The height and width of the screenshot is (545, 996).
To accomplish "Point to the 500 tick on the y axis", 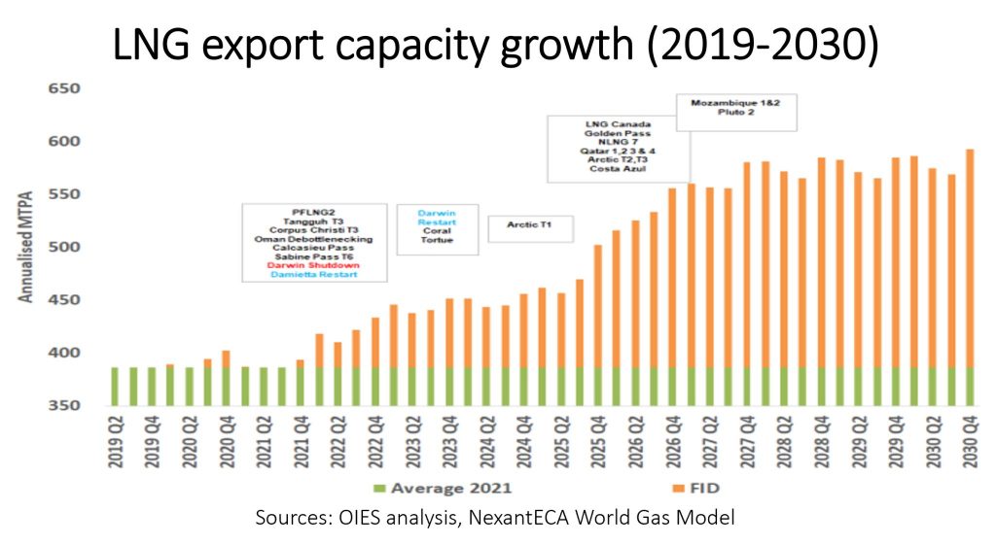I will point(65,248).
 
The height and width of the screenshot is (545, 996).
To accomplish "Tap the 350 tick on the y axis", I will point(65,406).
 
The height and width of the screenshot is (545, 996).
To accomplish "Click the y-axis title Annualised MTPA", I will point(27,248).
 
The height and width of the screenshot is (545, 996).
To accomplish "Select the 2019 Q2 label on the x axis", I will point(116,442).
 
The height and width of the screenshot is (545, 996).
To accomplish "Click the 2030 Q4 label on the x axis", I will point(970,442).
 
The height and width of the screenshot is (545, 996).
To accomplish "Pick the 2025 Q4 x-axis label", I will point(598,442).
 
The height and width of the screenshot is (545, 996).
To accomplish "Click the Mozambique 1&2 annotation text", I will point(736,102).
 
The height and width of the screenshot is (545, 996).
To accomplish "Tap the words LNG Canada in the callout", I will point(619,124).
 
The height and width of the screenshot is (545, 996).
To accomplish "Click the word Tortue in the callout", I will point(437,240).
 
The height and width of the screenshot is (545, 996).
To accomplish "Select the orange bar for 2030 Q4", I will point(970,257).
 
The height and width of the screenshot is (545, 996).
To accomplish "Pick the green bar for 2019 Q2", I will point(116,387).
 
